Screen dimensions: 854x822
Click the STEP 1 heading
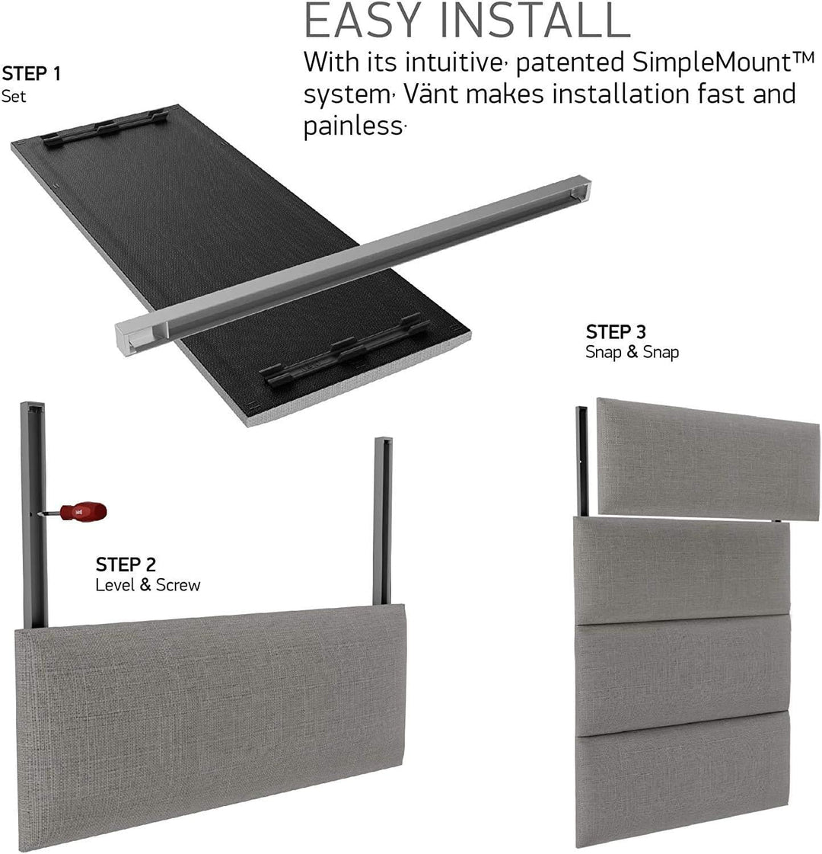pos(31,74)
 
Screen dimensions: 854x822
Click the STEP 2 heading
pos(126,565)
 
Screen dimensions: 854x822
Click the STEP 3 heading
pos(616,332)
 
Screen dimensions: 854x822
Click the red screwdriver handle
pos(84,511)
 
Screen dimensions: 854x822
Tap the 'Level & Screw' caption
pos(148,585)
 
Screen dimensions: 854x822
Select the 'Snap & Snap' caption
pos(632,352)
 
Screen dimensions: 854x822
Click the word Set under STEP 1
pos(14,97)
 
